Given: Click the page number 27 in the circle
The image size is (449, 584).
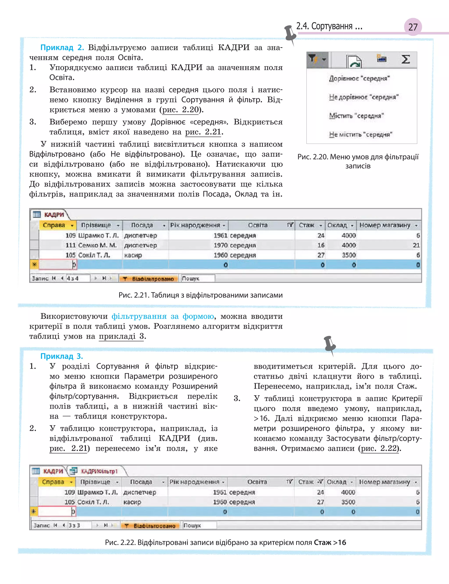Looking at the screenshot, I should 413,27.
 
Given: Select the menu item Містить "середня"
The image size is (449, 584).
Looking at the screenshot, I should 356,116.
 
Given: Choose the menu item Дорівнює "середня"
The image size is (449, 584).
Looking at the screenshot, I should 359,78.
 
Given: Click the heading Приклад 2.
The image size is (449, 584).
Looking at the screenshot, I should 62,48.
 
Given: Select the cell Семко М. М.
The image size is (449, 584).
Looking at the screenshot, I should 97,245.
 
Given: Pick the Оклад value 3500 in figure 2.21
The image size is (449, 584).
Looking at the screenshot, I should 349,255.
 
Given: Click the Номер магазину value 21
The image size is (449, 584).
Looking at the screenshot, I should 416,245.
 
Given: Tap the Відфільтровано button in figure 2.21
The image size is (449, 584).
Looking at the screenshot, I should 149,279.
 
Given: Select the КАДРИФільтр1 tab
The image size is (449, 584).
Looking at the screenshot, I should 99,471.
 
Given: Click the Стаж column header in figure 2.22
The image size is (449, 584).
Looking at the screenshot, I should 306,482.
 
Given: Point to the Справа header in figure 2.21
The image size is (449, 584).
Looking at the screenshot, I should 54,225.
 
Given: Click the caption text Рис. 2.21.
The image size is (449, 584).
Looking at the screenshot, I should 200,295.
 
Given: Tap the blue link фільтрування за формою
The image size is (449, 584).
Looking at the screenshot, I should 162,316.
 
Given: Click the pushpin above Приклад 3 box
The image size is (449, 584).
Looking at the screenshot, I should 330,345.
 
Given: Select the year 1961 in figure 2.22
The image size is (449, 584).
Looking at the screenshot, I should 220,492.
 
